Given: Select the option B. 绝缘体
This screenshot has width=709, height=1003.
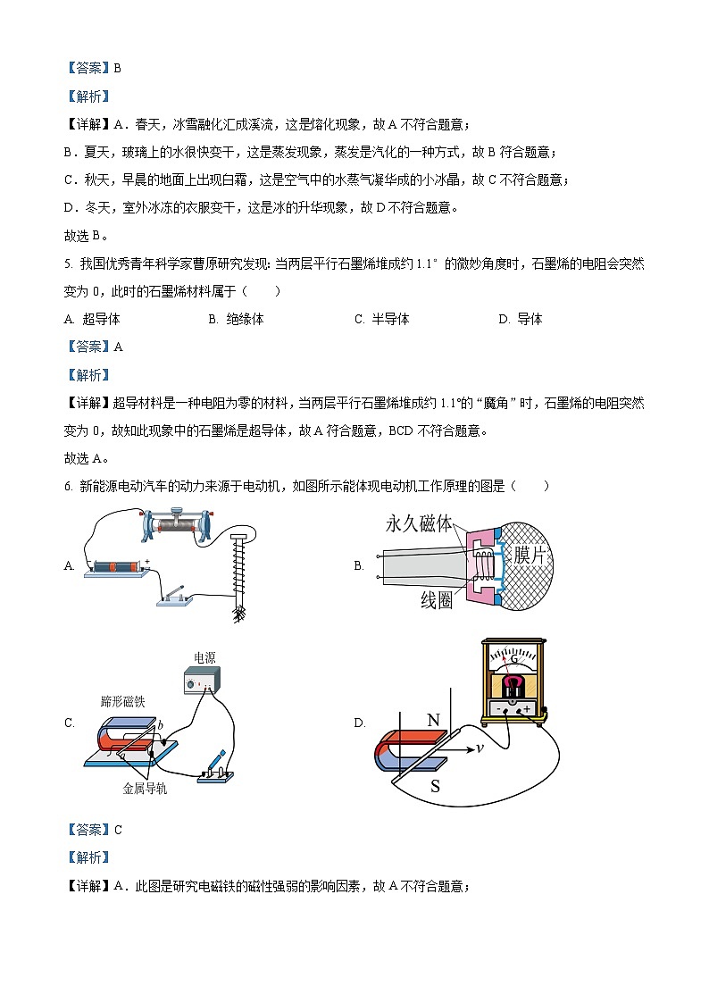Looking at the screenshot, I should (x=236, y=319).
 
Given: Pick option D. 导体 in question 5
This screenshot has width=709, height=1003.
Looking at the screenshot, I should (x=521, y=319).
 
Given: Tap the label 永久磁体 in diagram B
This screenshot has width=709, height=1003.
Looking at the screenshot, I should (x=419, y=523).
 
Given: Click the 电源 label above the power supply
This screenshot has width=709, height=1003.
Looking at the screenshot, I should (x=204, y=657).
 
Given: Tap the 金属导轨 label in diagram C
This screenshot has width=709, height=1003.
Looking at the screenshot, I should (x=145, y=789).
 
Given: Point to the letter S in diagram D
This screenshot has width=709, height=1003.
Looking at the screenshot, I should (x=435, y=786).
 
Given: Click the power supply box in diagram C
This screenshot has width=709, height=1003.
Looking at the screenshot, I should (x=203, y=682).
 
